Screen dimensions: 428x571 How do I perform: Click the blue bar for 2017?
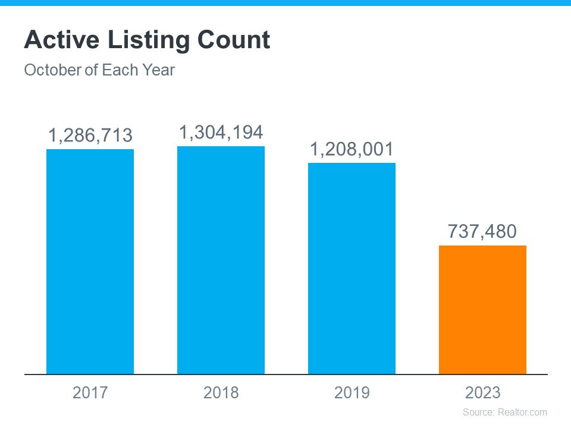(x=90, y=262)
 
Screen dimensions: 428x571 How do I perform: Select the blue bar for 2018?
(x=221, y=260)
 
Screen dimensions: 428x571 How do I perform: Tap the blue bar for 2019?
(x=352, y=268)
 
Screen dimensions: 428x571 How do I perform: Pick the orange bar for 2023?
(x=482, y=310)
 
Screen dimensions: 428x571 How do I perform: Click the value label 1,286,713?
(x=90, y=136)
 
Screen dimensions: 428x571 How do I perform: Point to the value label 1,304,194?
(x=221, y=133)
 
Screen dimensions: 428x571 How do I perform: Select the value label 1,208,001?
(x=352, y=149)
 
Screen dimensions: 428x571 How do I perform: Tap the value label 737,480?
(x=482, y=231)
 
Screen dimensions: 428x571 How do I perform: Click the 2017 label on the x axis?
(x=90, y=393)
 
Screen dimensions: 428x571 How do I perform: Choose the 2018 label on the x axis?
(x=221, y=393)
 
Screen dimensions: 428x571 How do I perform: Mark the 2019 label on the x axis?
(x=352, y=393)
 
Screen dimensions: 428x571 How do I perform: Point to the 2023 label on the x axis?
(x=482, y=393)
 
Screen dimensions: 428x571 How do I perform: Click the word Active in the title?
(x=61, y=40)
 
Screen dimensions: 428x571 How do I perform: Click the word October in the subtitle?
(x=52, y=70)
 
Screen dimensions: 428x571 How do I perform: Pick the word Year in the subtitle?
(x=158, y=70)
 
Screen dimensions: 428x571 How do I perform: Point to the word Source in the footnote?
(x=478, y=412)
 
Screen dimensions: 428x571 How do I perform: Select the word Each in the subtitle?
(x=119, y=70)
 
